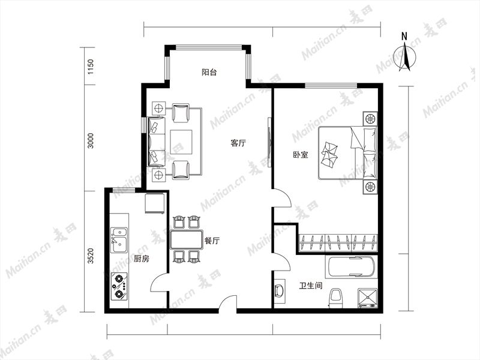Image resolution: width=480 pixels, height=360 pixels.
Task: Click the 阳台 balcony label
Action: pyautogui.click(x=209, y=72)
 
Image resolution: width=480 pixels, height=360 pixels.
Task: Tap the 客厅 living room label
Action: pyautogui.click(x=238, y=143)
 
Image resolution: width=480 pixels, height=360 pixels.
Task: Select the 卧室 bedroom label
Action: pyautogui.click(x=301, y=155)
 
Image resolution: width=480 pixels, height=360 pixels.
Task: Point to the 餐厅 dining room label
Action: pyautogui.click(x=212, y=241)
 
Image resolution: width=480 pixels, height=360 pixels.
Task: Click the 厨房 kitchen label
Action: pyautogui.click(x=142, y=259)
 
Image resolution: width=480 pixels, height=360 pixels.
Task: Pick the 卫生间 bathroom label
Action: pyautogui.click(x=311, y=286)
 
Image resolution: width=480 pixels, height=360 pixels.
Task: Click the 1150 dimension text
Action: pyautogui.click(x=91, y=67)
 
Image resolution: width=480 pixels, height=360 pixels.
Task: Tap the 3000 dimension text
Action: pyautogui.click(x=91, y=140)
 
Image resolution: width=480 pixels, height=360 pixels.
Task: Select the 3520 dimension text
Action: pyautogui.click(x=91, y=256)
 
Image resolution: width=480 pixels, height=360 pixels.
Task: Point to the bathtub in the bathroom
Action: pyautogui.click(x=351, y=267)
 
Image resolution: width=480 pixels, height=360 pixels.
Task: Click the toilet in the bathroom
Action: pyautogui.click(x=336, y=298)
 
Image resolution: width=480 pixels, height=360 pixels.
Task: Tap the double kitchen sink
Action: pyautogui.click(x=119, y=240)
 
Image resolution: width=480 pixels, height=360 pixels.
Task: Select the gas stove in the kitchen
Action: pyautogui.click(x=119, y=286)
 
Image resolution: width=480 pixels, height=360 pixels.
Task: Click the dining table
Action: pyautogui.click(x=187, y=239)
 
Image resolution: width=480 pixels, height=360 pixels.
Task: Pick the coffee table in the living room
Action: pyautogui.click(x=181, y=142)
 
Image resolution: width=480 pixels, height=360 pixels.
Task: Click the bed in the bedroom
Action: pyautogui.click(x=348, y=153)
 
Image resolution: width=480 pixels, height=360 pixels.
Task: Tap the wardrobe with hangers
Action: pyautogui.click(x=338, y=243)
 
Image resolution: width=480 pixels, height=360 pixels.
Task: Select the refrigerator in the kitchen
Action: pyautogui.click(x=155, y=203)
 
